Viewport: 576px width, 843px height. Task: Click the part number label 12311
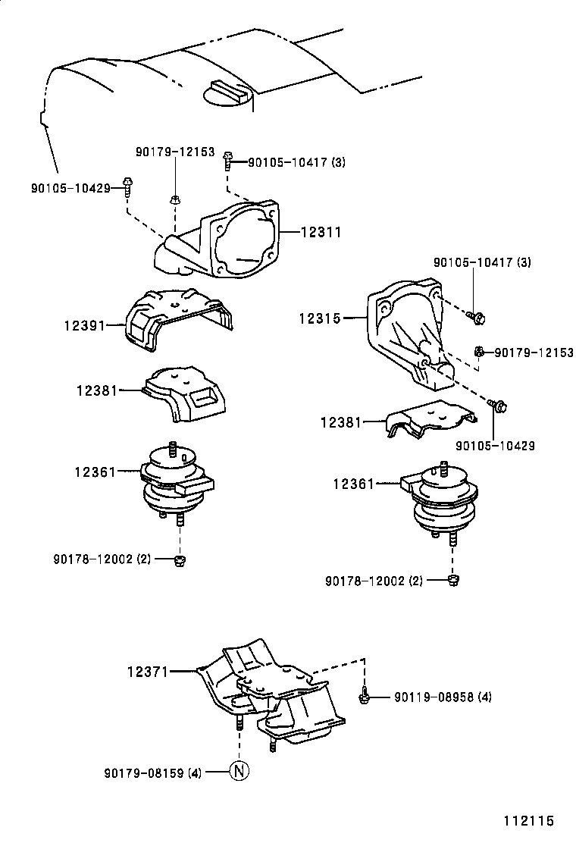tap(321, 233)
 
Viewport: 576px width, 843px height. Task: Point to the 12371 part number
tap(147, 671)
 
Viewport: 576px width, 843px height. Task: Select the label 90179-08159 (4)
tap(153, 772)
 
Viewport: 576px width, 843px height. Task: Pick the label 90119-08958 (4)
tap(442, 696)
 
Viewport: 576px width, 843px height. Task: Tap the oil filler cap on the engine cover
tap(225, 92)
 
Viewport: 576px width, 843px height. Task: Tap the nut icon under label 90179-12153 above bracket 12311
tap(174, 199)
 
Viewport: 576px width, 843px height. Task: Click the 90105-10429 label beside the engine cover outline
tap(71, 187)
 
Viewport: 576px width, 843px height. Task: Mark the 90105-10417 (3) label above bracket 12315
tap(482, 262)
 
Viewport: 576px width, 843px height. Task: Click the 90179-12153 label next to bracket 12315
tap(533, 352)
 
